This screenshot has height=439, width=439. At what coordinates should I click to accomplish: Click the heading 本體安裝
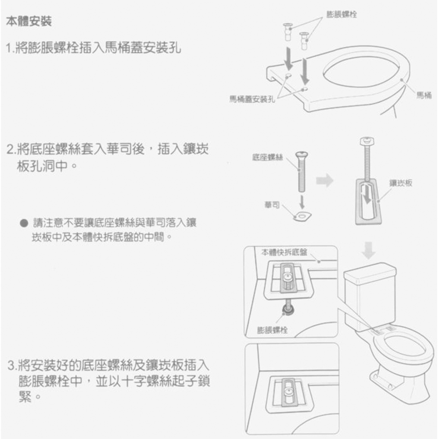pyautogui.click(x=29, y=21)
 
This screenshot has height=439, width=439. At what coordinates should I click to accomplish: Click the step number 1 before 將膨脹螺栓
pyautogui.click(x=10, y=47)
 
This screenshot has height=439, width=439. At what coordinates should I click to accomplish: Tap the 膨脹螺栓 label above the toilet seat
pyautogui.click(x=342, y=15)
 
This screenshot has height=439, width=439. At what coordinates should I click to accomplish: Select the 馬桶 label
pyautogui.click(x=423, y=94)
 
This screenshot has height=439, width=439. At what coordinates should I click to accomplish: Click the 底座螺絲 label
pyautogui.click(x=267, y=157)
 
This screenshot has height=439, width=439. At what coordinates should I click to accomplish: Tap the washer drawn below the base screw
pyautogui.click(x=303, y=216)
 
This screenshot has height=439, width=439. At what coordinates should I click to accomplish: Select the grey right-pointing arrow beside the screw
pyautogui.click(x=325, y=180)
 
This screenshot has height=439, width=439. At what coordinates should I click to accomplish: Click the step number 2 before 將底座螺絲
pyautogui.click(x=10, y=150)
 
